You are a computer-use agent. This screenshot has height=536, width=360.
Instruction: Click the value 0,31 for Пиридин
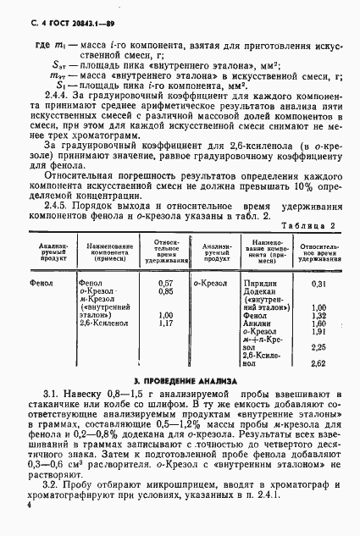point(318,283)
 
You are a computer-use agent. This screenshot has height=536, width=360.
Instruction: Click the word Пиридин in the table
point(258,283)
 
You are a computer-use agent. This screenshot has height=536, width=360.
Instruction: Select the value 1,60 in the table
point(318,323)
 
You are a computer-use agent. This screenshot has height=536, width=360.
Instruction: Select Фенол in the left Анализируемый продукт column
point(41,283)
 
